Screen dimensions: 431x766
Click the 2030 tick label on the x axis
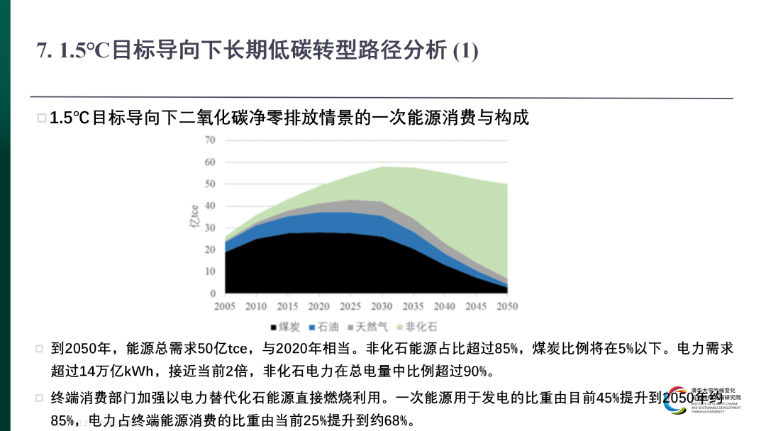pos(382,306)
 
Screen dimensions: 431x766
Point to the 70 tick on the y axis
pos(210,140)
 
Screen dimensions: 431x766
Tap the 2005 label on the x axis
pos(225,306)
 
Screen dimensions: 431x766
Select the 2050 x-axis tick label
pos(506,306)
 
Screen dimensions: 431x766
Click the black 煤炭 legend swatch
pos(274,328)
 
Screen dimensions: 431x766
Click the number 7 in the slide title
pos(42,51)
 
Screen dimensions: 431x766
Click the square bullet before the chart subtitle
pos(43,118)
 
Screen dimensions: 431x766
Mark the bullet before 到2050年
pos(40,349)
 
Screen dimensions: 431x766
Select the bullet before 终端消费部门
pos(40,398)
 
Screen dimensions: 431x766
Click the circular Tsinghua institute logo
pos(677,402)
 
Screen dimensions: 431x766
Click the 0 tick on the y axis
pos(212,293)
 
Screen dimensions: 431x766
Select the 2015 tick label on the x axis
pos(287,306)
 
